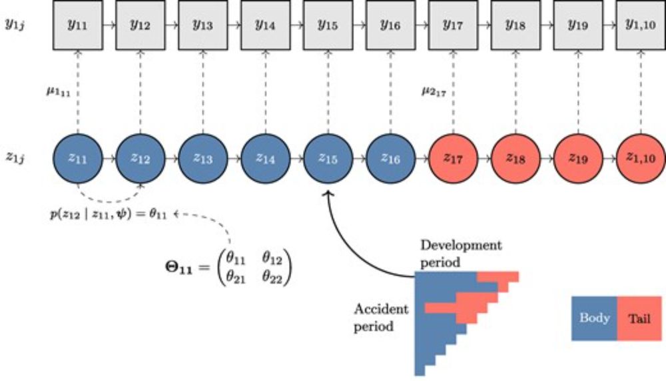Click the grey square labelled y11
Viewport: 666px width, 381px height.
77,25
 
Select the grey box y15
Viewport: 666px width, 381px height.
328,25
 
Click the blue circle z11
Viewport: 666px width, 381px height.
77,158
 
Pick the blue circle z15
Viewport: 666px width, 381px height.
328,158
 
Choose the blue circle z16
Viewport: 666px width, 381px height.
390,158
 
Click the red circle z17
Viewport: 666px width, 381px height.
453,158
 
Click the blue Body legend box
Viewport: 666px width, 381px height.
594,318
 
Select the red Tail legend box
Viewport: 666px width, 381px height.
639,318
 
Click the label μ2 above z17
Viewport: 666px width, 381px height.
434,91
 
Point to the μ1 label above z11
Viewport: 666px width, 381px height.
57,90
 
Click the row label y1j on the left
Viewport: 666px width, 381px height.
15,25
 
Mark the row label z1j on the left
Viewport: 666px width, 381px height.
15,158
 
